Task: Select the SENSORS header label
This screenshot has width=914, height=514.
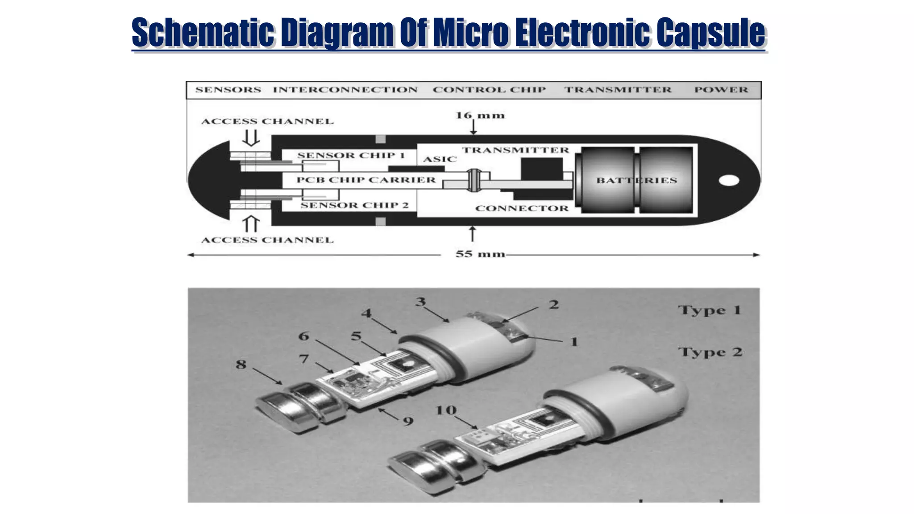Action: point(228,90)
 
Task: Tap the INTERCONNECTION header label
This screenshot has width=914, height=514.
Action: point(345,90)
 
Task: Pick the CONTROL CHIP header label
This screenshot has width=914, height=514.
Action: point(489,90)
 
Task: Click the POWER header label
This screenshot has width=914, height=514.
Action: point(721,90)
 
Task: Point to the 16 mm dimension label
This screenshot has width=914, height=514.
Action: point(480,116)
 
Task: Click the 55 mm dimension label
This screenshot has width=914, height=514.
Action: point(480,254)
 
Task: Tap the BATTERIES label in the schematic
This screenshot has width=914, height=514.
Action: point(636,180)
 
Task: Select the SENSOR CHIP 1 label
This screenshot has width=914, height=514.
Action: point(351,155)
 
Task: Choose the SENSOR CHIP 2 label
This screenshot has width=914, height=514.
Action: point(354,205)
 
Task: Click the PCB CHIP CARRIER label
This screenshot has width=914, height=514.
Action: point(366,180)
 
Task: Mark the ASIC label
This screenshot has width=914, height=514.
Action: point(440,159)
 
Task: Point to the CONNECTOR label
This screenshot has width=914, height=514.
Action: point(522,208)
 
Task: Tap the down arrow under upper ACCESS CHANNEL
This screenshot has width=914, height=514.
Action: point(251,138)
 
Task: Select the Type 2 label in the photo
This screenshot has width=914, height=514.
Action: point(710,352)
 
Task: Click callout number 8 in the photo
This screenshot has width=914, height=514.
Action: point(241,365)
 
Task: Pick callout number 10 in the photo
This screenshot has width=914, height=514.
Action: point(446,410)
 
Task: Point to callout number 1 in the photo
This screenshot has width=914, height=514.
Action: point(574,342)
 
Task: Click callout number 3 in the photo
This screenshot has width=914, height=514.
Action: point(420,302)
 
